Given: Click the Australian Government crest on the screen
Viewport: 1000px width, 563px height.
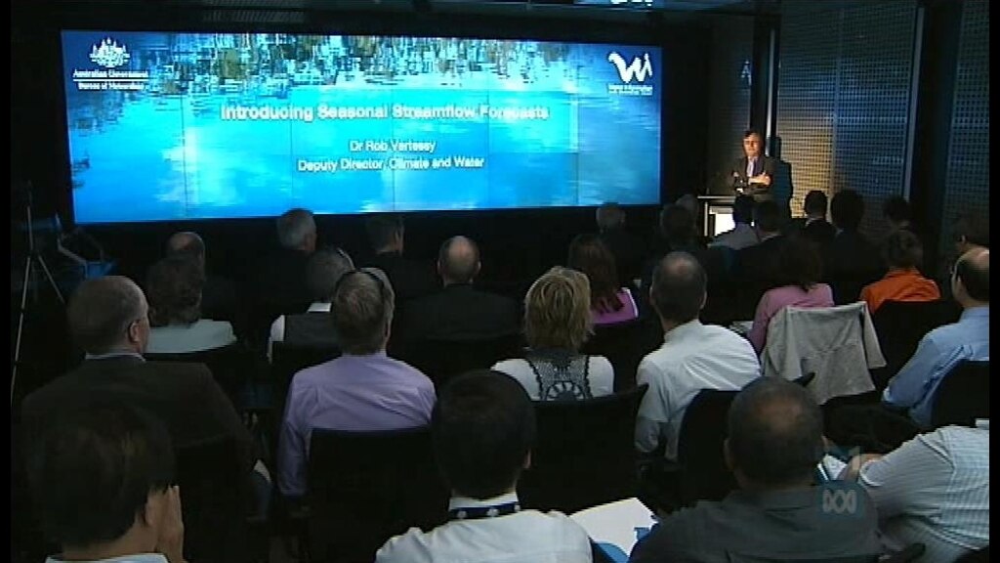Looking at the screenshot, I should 109,53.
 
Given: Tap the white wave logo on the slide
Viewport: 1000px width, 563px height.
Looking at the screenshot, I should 630,67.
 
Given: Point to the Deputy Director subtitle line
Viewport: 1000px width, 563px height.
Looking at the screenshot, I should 391,164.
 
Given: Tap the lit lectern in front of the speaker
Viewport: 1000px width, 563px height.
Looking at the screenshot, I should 721,216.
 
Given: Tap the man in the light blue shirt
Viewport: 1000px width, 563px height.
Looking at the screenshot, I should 942,342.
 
